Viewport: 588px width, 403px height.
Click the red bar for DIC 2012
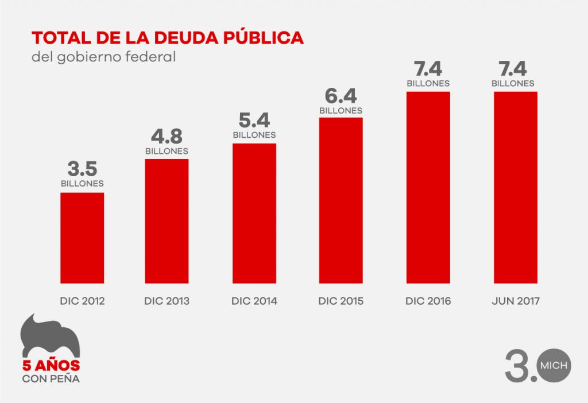pos(82,238)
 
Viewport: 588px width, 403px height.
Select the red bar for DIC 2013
pos(167,221)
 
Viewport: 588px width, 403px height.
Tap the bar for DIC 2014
pos(254,213)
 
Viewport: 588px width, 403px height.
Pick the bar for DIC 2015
pos(341,200)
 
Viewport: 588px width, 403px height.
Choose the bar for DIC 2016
pos(428,187)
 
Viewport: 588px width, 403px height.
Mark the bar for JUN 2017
pos(516,187)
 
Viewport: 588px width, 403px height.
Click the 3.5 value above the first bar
pos(82,169)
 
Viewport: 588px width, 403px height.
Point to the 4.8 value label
pos(167,136)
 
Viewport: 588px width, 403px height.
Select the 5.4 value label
pos(254,121)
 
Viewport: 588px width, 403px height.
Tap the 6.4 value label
pos(341,96)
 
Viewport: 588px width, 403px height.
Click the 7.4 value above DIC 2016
pos(428,69)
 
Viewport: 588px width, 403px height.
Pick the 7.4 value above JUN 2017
pos(513,69)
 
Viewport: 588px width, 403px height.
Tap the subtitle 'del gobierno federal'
pos(103,58)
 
